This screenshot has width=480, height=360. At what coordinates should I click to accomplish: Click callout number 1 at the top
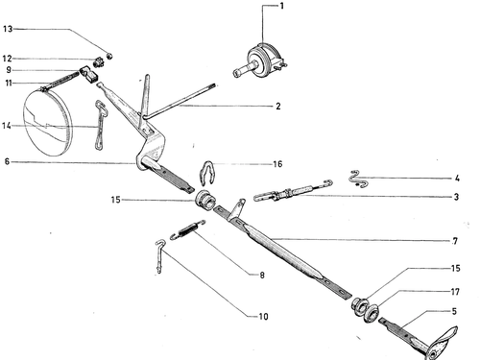(281, 6)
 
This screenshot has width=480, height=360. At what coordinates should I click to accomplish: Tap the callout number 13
(8, 29)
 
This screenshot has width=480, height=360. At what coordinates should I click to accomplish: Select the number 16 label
(277, 164)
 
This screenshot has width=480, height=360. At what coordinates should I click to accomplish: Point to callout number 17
(455, 292)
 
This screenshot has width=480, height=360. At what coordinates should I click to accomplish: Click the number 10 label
(263, 317)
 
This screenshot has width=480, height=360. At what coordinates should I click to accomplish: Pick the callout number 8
(262, 275)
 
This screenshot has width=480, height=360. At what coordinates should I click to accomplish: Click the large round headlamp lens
(48, 123)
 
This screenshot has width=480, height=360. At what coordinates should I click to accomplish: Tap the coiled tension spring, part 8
(187, 229)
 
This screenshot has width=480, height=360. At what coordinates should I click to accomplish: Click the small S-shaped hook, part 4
(359, 180)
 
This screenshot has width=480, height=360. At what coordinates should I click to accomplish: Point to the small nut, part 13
(109, 56)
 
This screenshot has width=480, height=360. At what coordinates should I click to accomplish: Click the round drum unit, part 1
(261, 61)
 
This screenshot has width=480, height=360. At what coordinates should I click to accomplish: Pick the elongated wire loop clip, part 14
(101, 125)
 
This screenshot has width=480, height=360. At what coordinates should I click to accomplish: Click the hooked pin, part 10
(159, 256)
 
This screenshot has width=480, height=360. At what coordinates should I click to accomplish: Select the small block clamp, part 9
(89, 74)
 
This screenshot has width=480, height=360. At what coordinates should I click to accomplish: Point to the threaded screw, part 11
(60, 82)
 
